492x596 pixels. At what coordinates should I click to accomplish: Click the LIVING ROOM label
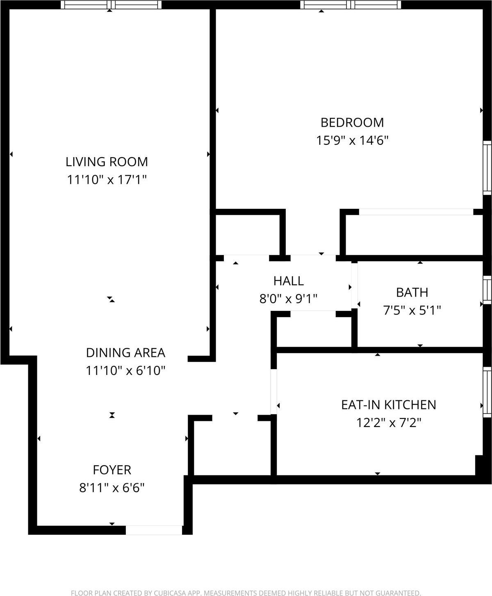[x=107, y=162]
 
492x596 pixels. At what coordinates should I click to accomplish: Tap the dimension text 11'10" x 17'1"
[x=107, y=180]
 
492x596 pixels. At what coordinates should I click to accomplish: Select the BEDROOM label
[x=352, y=122]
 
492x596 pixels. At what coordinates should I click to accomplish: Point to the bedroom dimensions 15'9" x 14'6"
[x=352, y=140]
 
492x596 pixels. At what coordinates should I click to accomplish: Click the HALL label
[x=289, y=281]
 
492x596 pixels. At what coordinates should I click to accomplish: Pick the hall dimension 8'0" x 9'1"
[x=289, y=299]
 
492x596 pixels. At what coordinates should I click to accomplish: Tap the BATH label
[x=412, y=292]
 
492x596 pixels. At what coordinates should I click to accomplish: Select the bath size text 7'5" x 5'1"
[x=412, y=311]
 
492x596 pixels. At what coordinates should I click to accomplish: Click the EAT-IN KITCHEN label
[x=388, y=405]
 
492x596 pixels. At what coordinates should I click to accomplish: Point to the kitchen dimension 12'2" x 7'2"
[x=388, y=422]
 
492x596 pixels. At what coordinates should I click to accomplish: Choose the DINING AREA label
[x=125, y=353]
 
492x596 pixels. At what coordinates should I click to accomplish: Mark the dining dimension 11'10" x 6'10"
[x=125, y=371]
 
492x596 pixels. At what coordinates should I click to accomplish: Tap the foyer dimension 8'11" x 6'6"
[x=112, y=488]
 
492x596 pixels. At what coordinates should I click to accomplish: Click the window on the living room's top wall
[x=111, y=5]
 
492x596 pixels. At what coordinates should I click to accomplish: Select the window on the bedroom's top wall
[x=351, y=5]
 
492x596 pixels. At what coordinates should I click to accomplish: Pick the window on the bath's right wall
[x=487, y=290]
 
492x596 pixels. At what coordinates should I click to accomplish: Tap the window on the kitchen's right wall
[x=487, y=392]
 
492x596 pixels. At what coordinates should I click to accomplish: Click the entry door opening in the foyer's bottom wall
[x=154, y=530]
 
